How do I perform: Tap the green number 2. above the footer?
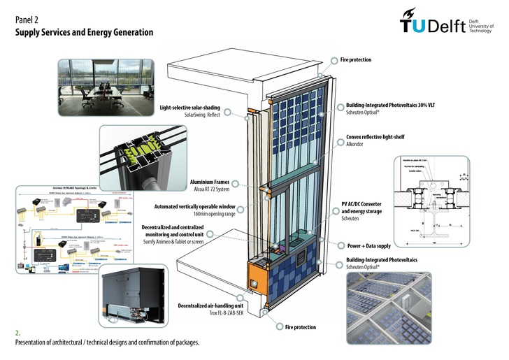[x=18, y=333]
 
